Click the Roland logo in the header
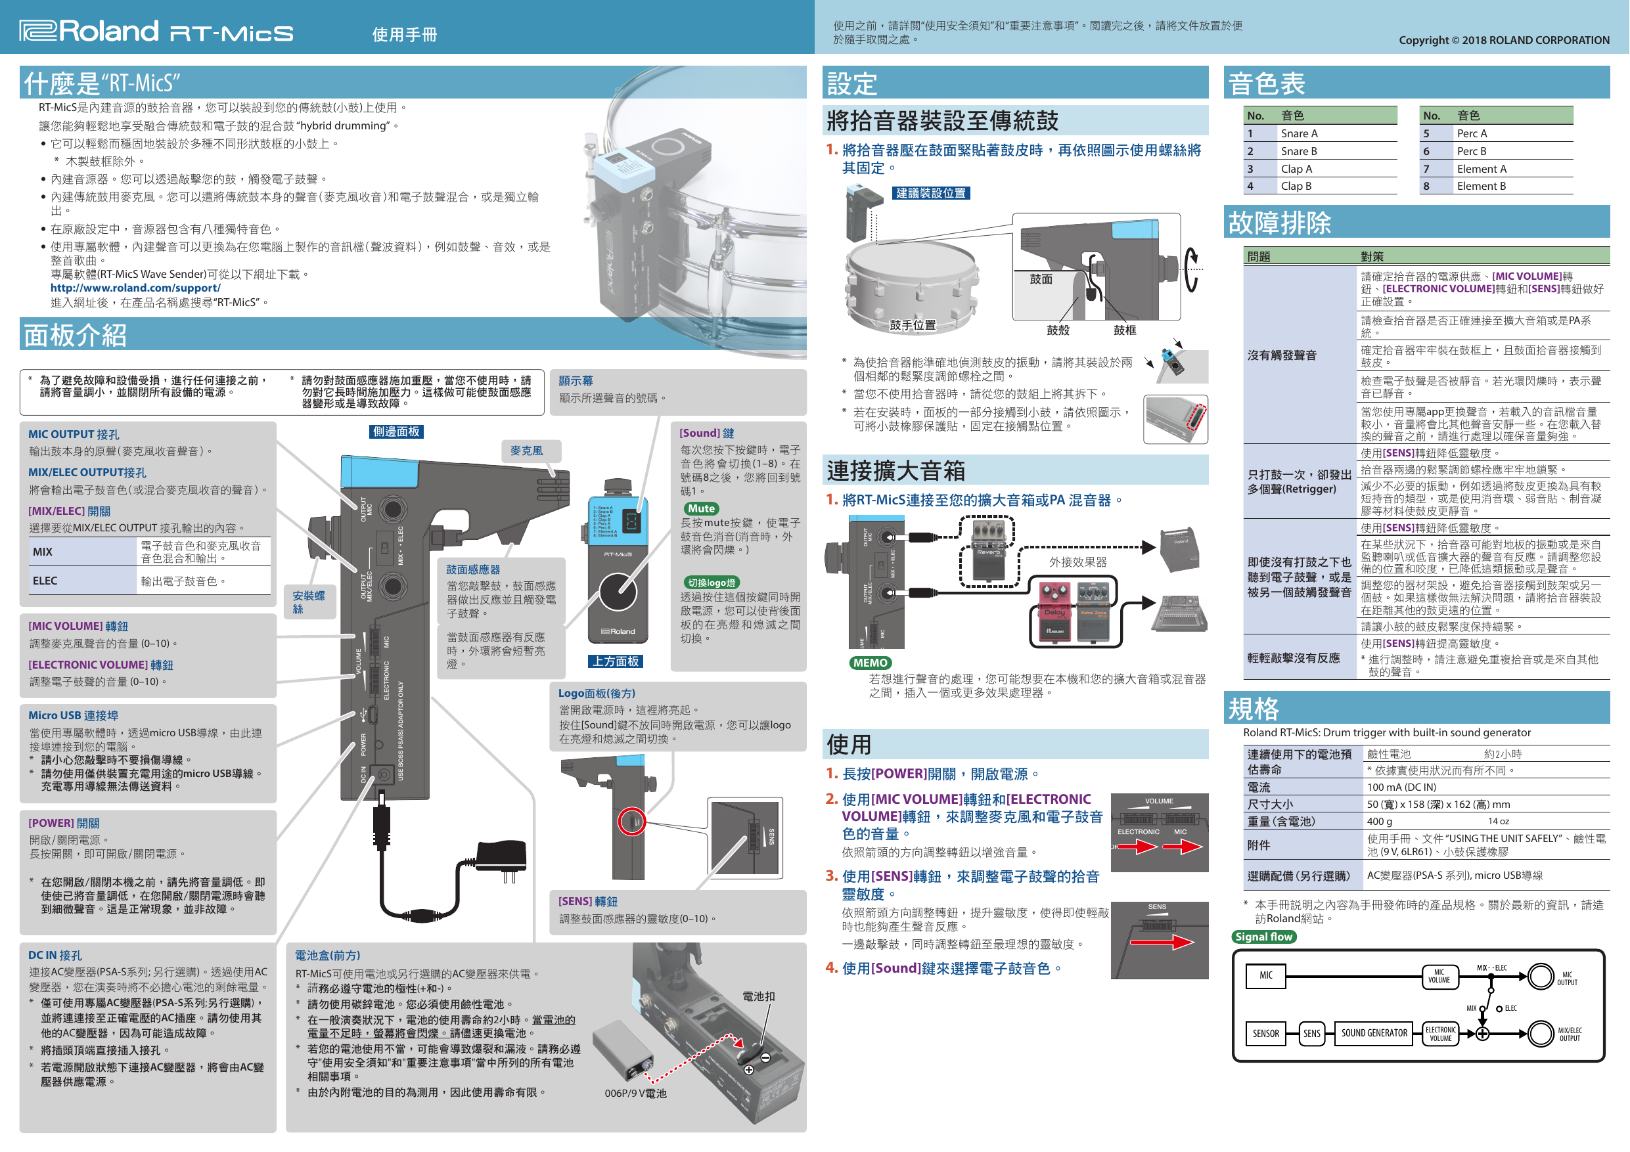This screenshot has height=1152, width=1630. (x=89, y=32)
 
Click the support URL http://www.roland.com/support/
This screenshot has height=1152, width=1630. (x=135, y=288)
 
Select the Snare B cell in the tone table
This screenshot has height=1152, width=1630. (x=1298, y=151)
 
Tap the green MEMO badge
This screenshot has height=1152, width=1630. (x=871, y=663)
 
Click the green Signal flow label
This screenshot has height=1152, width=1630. (x=1263, y=937)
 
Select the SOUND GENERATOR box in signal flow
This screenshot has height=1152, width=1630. (x=1374, y=1034)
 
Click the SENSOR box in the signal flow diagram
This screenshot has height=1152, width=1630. (x=1265, y=1034)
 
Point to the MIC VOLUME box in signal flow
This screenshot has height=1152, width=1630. (x=1439, y=977)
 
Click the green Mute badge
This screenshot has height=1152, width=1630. (x=701, y=509)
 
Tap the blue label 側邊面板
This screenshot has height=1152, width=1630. (x=396, y=432)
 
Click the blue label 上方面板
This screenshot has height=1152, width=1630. (x=616, y=661)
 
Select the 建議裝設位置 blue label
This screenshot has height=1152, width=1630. (x=931, y=193)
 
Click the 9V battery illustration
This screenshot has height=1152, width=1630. (x=623, y=1053)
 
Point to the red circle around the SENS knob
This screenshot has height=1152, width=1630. (x=631, y=822)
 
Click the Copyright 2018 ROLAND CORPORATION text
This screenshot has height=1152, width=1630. (x=1504, y=41)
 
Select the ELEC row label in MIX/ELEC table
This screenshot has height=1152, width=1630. (x=45, y=581)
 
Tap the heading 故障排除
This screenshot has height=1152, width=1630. (x=1279, y=223)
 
